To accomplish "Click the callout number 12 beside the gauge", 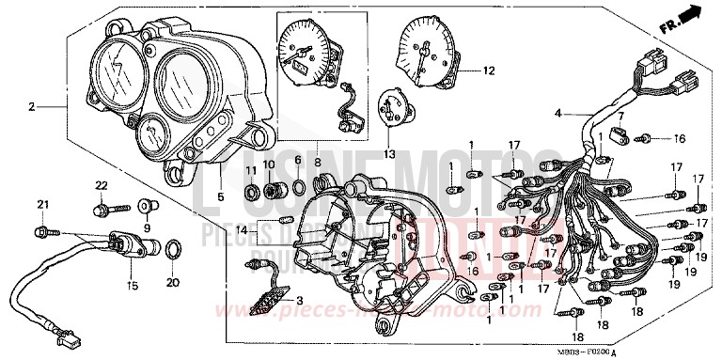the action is click(488, 70).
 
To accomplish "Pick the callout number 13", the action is click(388, 155).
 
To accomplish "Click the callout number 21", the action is click(42, 205).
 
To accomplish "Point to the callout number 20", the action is click(171, 281).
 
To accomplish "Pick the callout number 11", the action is click(251, 170).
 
